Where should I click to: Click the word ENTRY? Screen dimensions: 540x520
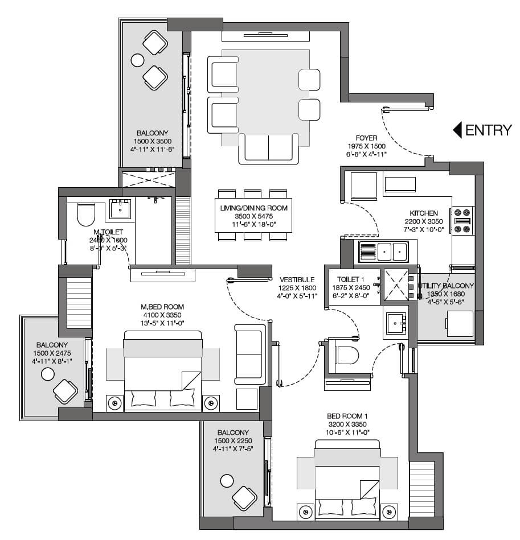(x=489, y=130)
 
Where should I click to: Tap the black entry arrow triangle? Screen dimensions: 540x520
(x=457, y=130)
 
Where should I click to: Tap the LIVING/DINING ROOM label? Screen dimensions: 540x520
(x=254, y=208)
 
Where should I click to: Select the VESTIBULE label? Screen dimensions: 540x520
(x=297, y=279)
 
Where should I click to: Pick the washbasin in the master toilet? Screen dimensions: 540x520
(x=120, y=210)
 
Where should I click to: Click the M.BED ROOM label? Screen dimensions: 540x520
(x=162, y=307)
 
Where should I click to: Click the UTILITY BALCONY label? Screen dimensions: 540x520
(x=446, y=286)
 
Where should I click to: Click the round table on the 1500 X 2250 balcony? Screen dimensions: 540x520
(x=227, y=481)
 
